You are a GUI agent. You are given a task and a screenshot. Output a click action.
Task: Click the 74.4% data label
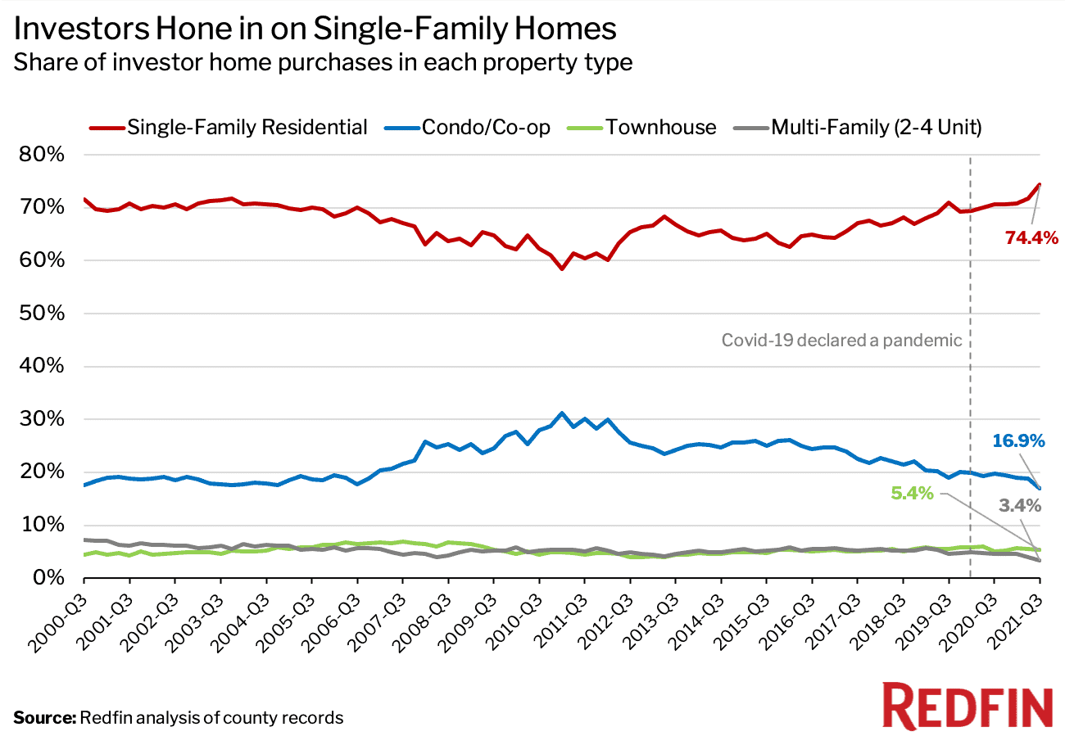[x=1031, y=238]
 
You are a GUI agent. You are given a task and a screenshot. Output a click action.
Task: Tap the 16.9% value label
[x=1017, y=441]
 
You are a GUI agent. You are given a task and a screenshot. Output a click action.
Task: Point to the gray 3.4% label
[x=1019, y=506]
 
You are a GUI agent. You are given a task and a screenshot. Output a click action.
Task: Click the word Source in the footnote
[x=43, y=718]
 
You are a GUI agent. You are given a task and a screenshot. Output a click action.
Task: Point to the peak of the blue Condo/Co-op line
[x=561, y=413]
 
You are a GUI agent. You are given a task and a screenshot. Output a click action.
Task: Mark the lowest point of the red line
[x=561, y=269]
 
